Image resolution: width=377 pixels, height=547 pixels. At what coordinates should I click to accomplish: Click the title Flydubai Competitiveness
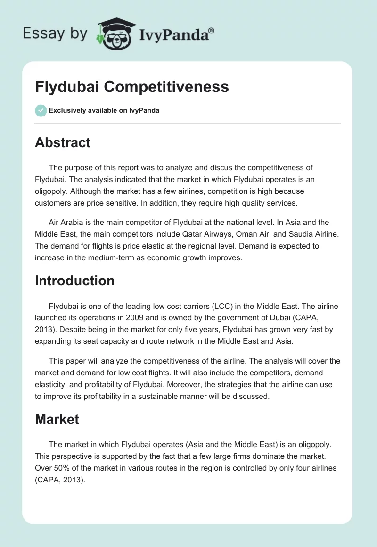pos(132,87)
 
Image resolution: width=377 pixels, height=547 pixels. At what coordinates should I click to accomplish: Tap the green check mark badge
pos(41,110)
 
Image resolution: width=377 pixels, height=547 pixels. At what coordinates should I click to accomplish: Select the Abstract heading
pos(63,142)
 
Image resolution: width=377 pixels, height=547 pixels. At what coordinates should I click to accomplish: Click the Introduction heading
pos(74,281)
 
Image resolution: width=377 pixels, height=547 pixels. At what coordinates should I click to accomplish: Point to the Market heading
pos(57,419)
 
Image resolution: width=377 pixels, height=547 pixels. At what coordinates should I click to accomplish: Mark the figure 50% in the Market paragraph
pos(61,467)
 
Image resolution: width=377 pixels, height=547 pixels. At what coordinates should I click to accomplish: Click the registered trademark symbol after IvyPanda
pos(212,30)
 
